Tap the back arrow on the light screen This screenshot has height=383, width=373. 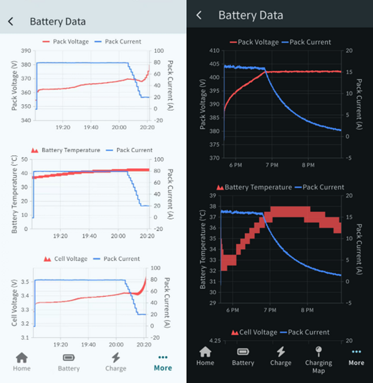tap(11, 22)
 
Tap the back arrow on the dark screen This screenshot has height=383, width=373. tap(199, 15)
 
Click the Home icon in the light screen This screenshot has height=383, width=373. tap(22, 361)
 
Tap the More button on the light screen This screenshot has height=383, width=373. tap(163, 361)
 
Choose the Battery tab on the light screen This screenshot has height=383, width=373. tap(68, 361)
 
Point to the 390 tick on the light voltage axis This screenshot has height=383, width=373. tap(26, 51)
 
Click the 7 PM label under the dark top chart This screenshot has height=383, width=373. tap(271, 165)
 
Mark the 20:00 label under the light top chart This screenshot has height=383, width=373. tap(119, 127)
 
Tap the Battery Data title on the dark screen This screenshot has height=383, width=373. tap(251, 15)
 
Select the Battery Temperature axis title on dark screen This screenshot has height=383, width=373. tap(203, 249)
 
